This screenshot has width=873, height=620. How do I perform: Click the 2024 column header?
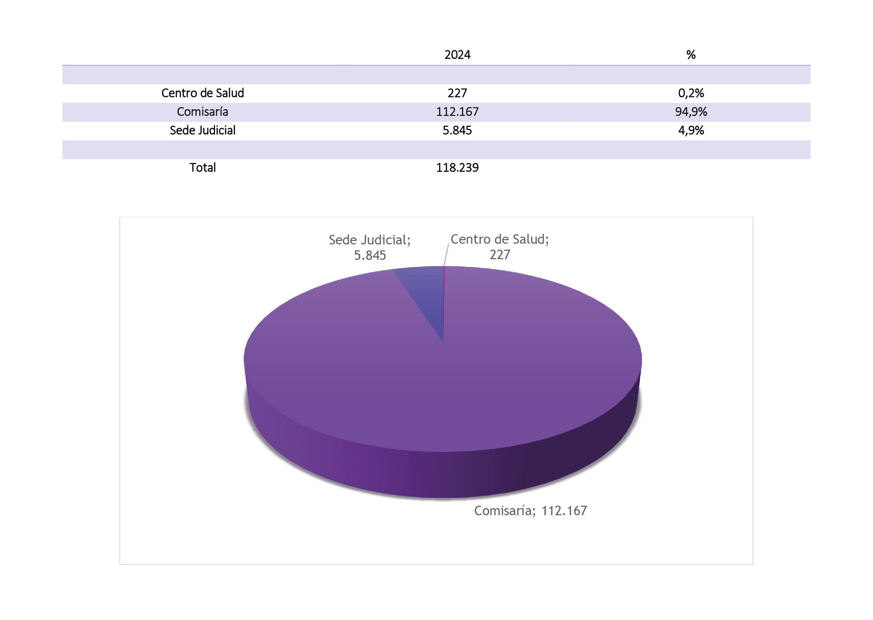[x=457, y=55]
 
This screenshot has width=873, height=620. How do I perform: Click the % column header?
[x=691, y=55]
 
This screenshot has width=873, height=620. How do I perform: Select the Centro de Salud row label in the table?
[x=202, y=93]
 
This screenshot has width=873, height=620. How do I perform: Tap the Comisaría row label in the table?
[x=202, y=111]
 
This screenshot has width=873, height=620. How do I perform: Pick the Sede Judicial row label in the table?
[x=202, y=130]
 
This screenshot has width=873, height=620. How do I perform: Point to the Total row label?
[x=202, y=168]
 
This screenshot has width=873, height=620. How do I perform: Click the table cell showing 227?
[x=457, y=93]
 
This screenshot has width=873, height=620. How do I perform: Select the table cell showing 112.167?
[x=457, y=111]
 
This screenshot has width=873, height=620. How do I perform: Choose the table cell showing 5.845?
[x=457, y=130]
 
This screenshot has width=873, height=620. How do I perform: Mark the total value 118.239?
[x=457, y=168]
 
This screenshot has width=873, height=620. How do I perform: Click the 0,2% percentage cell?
[x=691, y=93]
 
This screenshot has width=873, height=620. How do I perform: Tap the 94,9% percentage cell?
[x=691, y=111]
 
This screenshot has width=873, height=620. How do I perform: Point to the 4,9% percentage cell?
[x=691, y=130]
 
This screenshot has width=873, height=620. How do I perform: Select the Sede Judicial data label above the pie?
[x=370, y=247]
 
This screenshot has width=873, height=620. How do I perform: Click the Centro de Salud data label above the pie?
[x=500, y=247]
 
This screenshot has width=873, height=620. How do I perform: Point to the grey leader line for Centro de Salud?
[x=446, y=255]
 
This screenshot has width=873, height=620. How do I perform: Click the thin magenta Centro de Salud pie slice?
[x=444, y=302]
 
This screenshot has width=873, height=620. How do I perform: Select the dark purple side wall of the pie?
[x=443, y=473]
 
